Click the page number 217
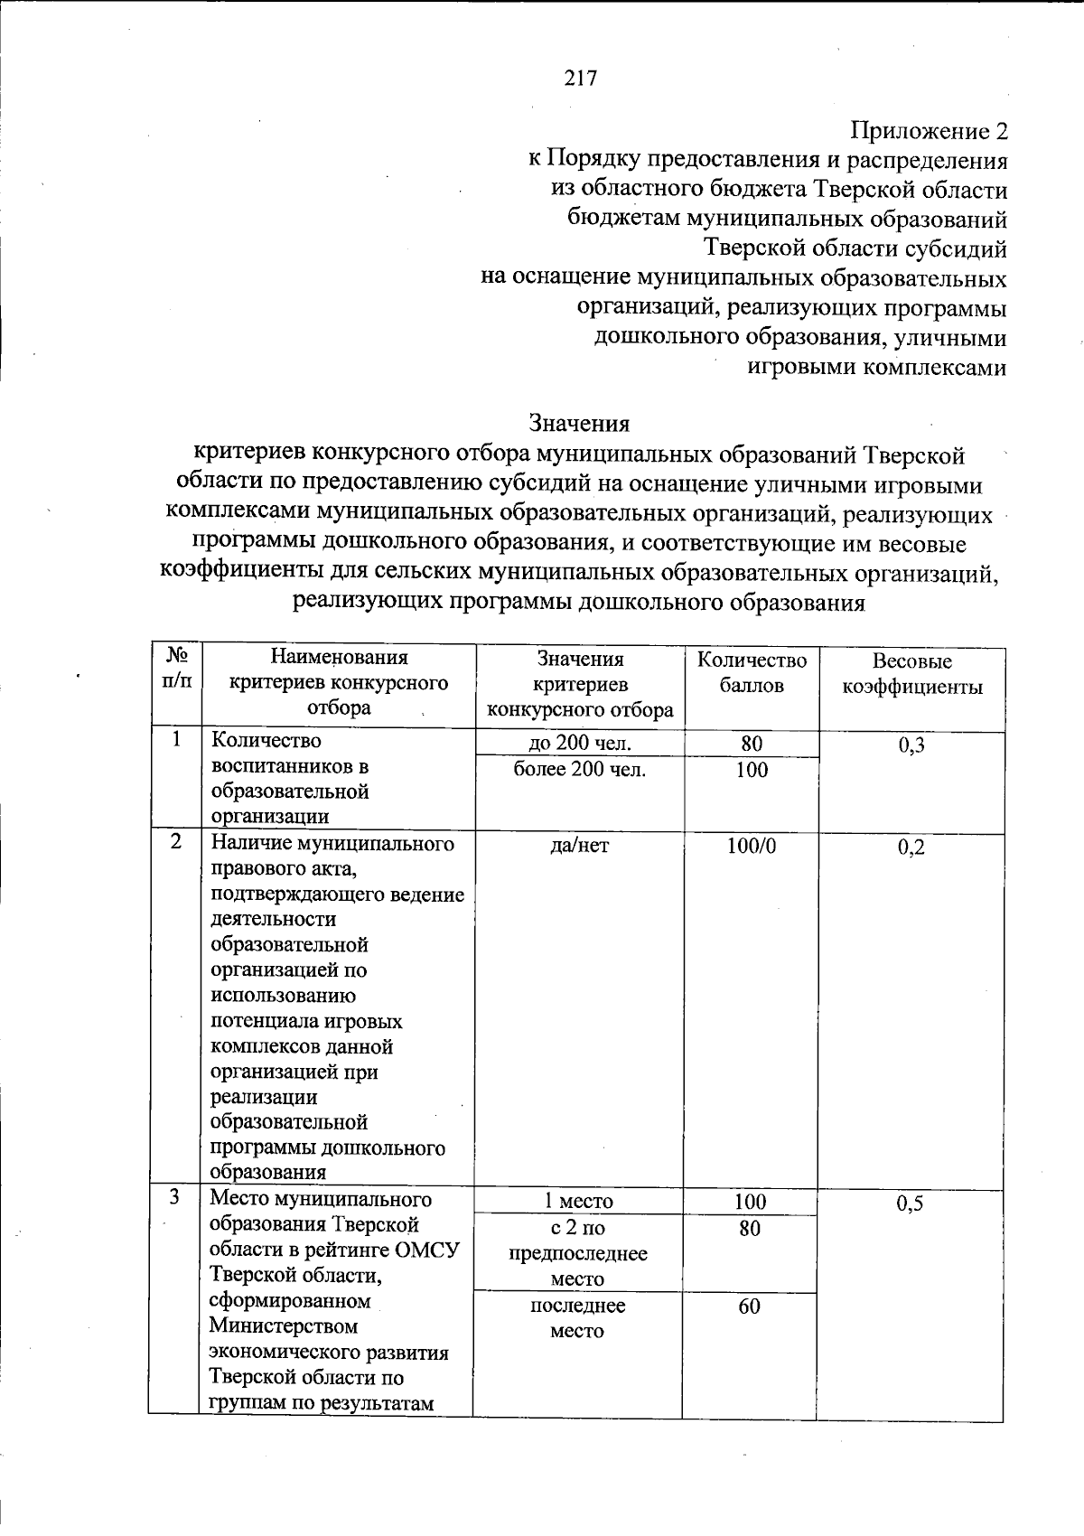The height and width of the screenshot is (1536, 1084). (x=581, y=79)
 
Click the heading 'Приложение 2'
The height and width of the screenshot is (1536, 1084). (x=930, y=132)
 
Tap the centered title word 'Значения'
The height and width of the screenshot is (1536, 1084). (x=579, y=423)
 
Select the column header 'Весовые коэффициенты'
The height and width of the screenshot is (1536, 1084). (x=912, y=674)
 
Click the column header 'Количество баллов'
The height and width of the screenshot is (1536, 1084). (x=752, y=672)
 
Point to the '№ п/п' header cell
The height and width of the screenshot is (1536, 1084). (x=177, y=667)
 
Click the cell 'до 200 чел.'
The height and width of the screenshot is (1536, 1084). (x=579, y=744)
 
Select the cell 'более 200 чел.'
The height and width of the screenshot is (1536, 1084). (x=579, y=770)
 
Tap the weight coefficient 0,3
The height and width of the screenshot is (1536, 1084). (x=911, y=745)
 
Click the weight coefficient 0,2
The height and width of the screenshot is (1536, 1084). (x=911, y=847)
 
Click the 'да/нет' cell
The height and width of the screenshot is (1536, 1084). (x=579, y=846)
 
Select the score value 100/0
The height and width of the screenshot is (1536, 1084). (x=751, y=846)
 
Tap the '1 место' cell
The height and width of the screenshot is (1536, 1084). (x=578, y=1202)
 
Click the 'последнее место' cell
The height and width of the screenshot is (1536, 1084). (x=577, y=1318)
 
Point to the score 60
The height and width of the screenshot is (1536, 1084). (x=749, y=1307)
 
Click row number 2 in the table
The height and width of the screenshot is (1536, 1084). (x=176, y=841)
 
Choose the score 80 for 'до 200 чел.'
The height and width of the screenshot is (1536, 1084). (x=752, y=744)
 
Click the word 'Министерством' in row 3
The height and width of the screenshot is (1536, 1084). (x=283, y=1326)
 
